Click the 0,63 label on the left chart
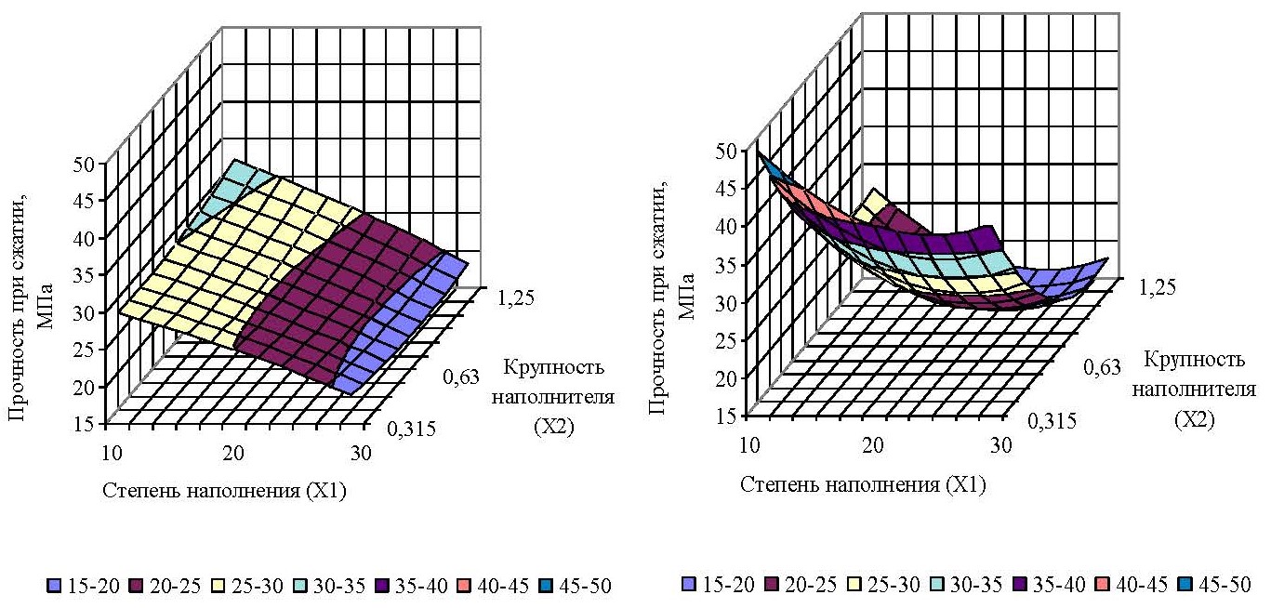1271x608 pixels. (460, 376)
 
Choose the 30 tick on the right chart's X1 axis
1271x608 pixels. (1000, 443)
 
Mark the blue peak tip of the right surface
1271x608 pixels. (763, 161)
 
